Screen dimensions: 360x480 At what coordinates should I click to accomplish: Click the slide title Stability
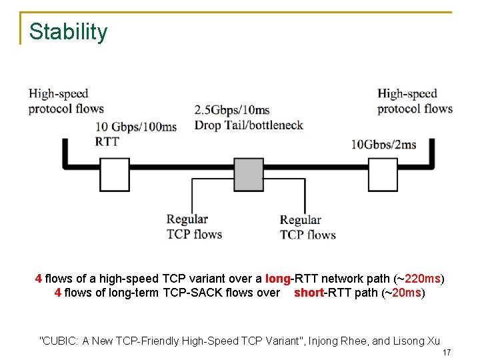click(68, 32)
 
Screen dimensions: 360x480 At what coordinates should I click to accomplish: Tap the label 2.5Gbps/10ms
click(232, 109)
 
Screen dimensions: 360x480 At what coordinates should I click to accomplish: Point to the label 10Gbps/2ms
click(383, 145)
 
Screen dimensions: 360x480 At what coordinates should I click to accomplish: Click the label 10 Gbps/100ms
click(136, 127)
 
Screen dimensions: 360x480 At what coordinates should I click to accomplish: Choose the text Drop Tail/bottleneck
click(249, 125)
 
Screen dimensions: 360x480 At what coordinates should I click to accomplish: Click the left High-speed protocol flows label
click(66, 101)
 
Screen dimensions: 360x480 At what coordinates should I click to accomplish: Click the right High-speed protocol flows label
click(415, 101)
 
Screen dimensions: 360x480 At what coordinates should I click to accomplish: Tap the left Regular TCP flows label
click(194, 227)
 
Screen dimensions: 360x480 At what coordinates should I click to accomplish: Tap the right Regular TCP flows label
click(307, 227)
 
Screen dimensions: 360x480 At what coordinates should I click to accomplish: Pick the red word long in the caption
click(277, 279)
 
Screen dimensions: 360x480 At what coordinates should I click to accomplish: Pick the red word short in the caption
click(308, 293)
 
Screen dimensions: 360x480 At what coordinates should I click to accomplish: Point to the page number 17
click(447, 352)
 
